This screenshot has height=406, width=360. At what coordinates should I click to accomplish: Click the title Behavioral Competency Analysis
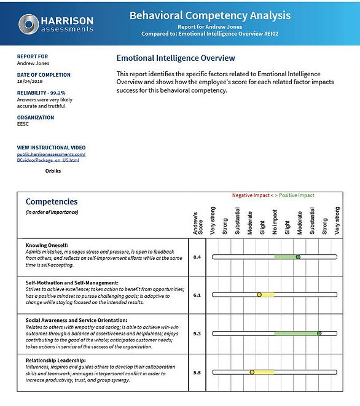coord(210,15)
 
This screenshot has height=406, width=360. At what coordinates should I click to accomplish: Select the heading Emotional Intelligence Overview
coord(176,58)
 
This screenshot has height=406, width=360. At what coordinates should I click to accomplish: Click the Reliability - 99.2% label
coord(41,92)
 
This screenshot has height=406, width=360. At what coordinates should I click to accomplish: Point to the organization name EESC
coord(23,125)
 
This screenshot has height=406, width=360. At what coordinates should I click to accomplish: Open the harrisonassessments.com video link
coord(51,157)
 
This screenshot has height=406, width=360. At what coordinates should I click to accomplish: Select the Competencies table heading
coord(52,201)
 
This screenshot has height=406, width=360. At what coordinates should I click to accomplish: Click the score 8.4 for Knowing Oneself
coord(197,257)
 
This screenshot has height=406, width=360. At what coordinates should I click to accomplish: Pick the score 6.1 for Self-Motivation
coord(197,295)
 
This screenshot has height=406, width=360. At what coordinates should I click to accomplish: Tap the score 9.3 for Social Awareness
coord(197,334)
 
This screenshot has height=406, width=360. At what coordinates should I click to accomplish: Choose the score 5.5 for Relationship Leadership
coord(197,372)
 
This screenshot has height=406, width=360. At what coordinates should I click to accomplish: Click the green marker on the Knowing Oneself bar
coord(298,257)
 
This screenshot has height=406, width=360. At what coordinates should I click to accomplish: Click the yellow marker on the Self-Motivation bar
coord(259,295)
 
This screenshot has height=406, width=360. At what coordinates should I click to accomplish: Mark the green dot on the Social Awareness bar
coord(319,334)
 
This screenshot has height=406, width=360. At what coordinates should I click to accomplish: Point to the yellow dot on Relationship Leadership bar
coord(252,372)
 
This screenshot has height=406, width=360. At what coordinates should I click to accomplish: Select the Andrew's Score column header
coord(197,223)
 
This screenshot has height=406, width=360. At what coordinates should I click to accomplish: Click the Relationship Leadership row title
coord(55,360)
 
